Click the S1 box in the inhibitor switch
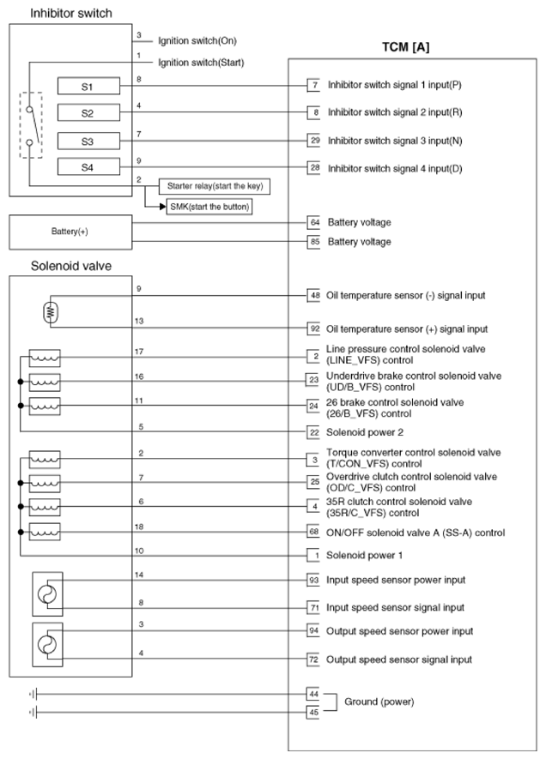88,87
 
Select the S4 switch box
88,167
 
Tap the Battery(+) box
70,232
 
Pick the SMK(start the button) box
210,207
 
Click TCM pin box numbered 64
315,222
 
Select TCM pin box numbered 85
315,242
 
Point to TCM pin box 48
315,295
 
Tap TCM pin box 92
315,328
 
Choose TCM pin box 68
315,533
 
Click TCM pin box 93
315,580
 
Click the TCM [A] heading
405,46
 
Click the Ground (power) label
379,702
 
